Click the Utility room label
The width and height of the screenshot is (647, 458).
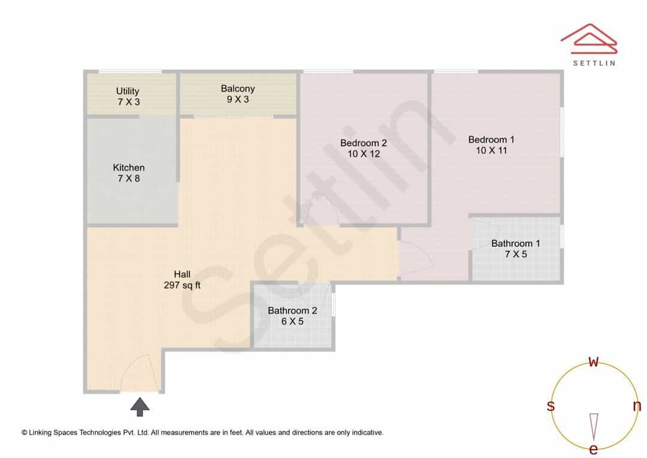128,91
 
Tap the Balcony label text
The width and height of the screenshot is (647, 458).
238,89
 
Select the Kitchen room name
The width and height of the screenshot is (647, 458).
129,168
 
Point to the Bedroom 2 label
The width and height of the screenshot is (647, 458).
364,143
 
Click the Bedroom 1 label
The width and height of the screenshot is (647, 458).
491,140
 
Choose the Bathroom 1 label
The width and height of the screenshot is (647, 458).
515,243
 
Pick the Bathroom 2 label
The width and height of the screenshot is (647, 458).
292,311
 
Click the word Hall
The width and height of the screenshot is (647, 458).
182,274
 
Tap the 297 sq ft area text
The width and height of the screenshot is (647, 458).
182,285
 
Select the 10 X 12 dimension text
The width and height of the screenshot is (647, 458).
364,153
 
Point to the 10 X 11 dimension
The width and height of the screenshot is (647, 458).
491,150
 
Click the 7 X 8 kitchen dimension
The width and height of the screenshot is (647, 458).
129,179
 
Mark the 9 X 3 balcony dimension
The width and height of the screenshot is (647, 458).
238,99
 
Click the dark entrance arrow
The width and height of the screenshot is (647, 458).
140,407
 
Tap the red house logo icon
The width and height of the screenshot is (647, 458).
589,39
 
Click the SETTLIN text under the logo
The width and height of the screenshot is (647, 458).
594,63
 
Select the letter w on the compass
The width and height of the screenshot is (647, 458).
593,361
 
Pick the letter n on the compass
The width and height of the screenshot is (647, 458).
637,406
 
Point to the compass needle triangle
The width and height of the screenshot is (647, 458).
594,427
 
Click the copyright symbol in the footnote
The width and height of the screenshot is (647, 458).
25,433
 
